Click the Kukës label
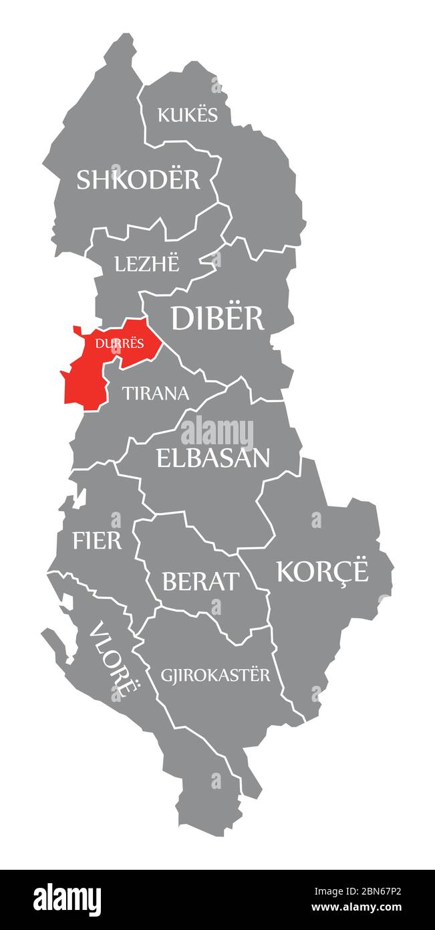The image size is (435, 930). point(188,114)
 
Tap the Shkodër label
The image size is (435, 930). point(138,179)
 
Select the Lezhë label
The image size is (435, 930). point(147,264)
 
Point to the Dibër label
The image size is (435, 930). point(218,318)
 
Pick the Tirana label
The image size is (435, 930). point(156,393)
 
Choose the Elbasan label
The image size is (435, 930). point(213,458)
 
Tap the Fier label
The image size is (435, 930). point(98,540)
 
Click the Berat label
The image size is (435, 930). point(200,581)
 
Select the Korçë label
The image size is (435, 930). point(322,571)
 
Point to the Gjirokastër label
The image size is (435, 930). point(216,674)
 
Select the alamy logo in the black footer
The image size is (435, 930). point(67,899)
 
